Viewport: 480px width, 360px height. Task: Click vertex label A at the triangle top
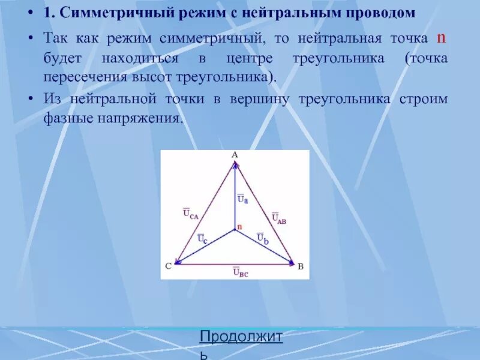tap(235, 155)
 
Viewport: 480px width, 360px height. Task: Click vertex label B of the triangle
tap(301, 266)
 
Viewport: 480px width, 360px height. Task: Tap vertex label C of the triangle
tap(169, 266)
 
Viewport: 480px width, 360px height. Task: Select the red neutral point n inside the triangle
tap(239, 227)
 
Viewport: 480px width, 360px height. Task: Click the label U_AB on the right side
tap(278, 218)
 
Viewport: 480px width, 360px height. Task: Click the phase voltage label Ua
tap(242, 198)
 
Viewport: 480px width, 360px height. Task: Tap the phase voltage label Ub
tap(262, 237)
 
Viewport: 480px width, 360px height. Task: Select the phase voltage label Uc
tap(202, 238)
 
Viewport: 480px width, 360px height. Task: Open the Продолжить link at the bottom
tap(241, 337)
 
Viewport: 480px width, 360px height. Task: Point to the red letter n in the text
tap(440, 38)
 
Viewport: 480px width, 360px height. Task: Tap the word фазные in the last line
tap(65, 119)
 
